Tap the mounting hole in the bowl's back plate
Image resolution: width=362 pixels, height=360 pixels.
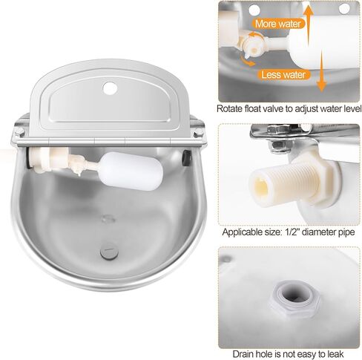click(x=111, y=88)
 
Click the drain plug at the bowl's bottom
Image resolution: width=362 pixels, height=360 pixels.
click(x=108, y=252)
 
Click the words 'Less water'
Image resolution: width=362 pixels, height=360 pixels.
click(x=283, y=74)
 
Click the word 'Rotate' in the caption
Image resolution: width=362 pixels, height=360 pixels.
click(x=231, y=108)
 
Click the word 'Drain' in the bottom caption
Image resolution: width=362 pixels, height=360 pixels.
click(x=246, y=351)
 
